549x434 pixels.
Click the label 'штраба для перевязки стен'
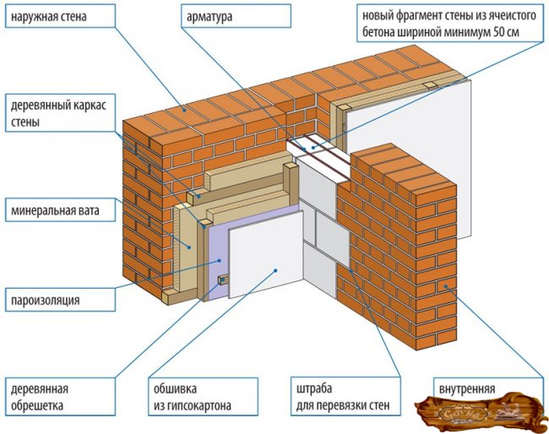(x=338, y=397)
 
